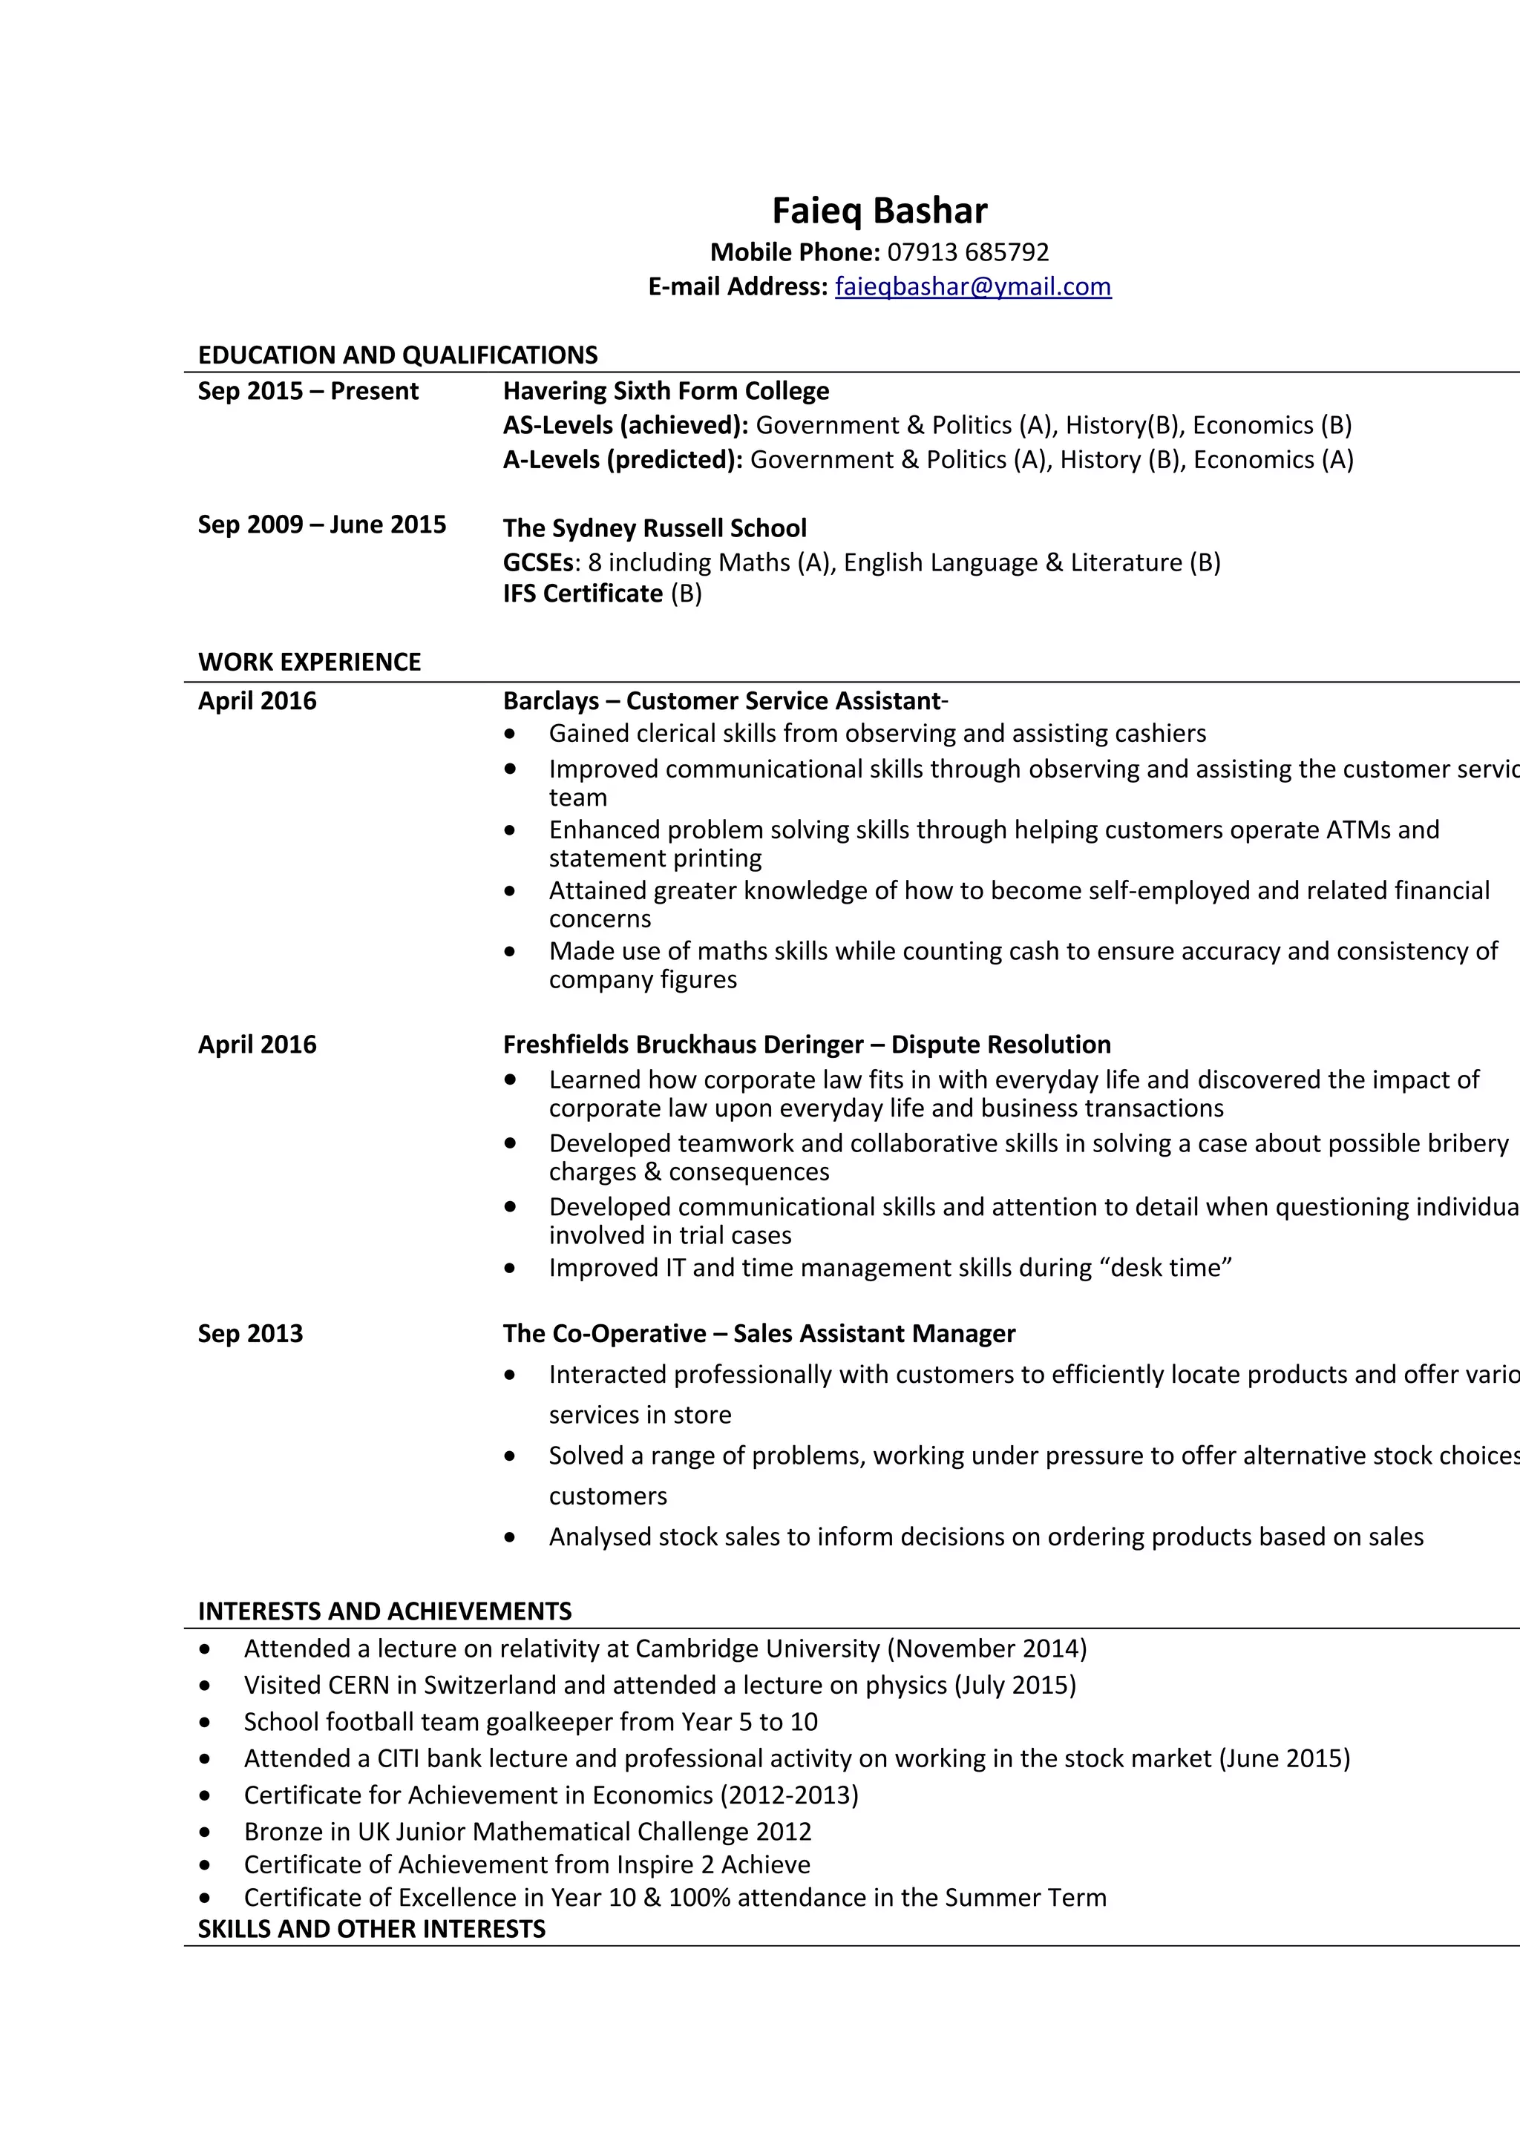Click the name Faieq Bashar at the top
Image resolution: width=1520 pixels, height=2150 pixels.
tap(879, 211)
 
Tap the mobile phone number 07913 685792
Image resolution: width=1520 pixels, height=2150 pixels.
tap(968, 252)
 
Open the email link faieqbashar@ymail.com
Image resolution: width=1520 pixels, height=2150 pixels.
tap(972, 286)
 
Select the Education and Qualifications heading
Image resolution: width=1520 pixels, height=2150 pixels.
tap(398, 355)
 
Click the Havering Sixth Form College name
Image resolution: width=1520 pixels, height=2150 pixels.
tap(666, 390)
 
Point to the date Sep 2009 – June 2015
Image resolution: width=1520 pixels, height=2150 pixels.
tap(321, 525)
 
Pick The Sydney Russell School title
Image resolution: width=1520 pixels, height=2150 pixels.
tap(654, 528)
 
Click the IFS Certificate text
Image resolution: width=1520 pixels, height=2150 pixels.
tap(583, 594)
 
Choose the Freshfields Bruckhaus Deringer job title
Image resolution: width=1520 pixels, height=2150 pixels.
tap(806, 1044)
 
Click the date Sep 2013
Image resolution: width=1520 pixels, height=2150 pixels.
tap(250, 1333)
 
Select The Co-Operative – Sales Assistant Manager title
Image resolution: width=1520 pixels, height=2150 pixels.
tap(759, 1333)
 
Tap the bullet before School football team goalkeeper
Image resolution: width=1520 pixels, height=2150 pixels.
tap(204, 1722)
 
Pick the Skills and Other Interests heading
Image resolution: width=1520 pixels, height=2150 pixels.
tap(371, 1929)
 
